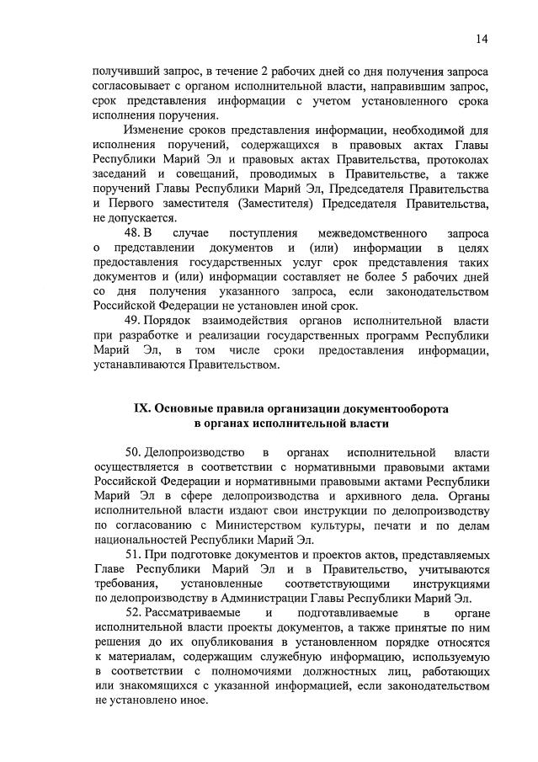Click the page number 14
click(x=482, y=39)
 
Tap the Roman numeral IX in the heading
click(x=141, y=408)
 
